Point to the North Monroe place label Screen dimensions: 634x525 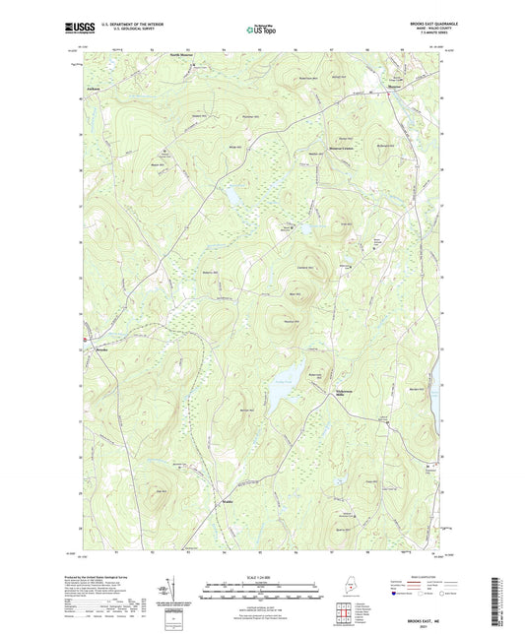183,55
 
